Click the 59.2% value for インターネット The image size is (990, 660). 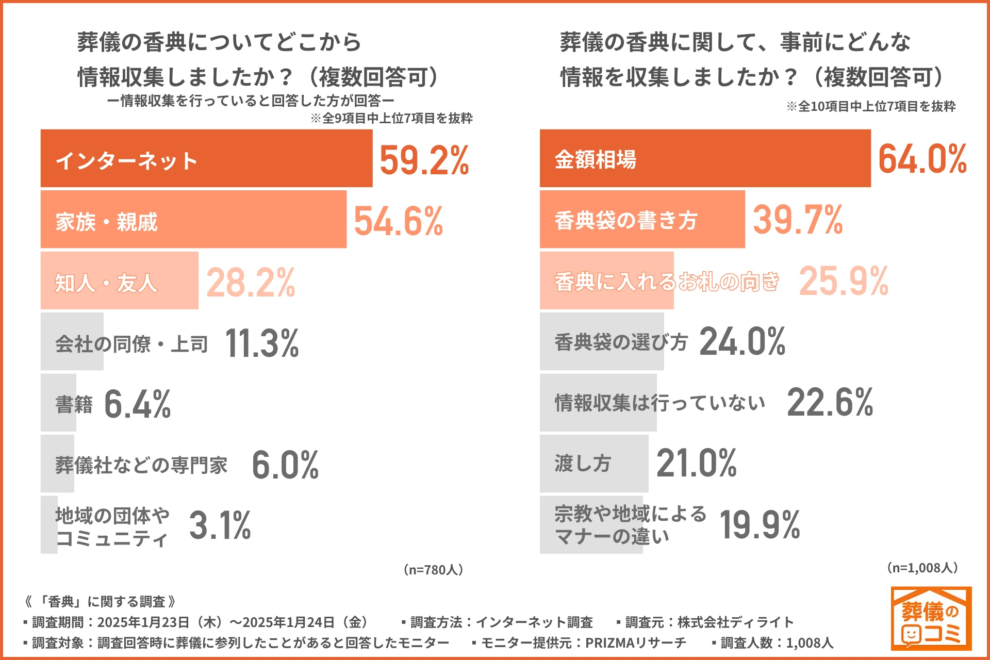424,160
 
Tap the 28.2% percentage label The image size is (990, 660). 251,283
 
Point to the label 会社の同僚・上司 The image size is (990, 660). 131,343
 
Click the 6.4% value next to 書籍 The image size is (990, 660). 137,404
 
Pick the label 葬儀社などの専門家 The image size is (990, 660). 141,465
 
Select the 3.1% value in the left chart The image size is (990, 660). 220,525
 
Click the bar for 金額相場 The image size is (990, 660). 705,158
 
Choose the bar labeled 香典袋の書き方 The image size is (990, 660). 642,220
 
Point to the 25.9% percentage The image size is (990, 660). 844,281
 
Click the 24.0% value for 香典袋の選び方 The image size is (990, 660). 742,341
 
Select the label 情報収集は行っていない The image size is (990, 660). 659,403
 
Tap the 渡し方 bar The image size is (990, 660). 593,464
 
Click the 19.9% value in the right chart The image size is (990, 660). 760,525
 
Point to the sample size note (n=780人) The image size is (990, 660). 433,569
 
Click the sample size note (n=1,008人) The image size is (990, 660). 922,568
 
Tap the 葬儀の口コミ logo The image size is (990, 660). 931,618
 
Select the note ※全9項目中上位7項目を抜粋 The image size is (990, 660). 391,118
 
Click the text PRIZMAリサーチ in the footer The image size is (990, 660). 635,642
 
